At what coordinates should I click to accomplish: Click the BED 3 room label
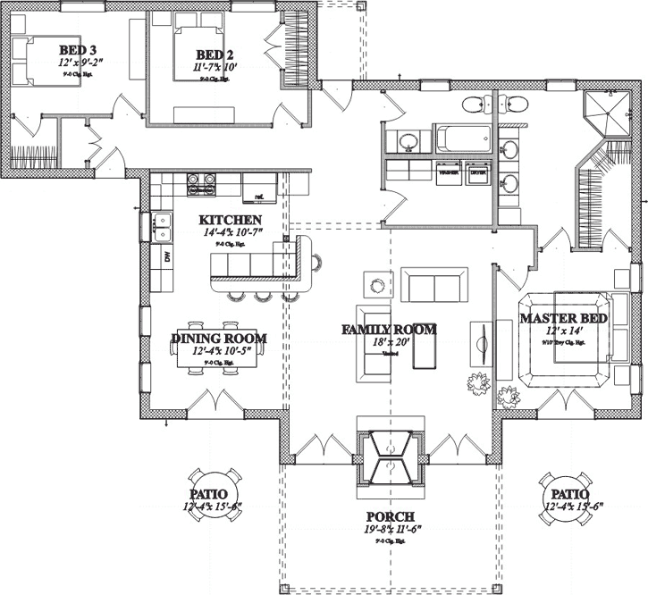click(79, 49)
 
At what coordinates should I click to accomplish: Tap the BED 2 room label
click(216, 54)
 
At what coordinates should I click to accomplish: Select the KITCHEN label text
click(230, 220)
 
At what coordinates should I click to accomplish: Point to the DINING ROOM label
click(219, 339)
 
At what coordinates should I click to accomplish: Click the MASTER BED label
click(564, 318)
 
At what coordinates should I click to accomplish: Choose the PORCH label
click(390, 517)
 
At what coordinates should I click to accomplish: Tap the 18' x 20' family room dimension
click(389, 343)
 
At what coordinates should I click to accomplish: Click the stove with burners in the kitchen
click(201, 185)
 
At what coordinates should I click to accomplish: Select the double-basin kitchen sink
click(162, 227)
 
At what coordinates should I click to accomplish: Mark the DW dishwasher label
click(167, 257)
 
